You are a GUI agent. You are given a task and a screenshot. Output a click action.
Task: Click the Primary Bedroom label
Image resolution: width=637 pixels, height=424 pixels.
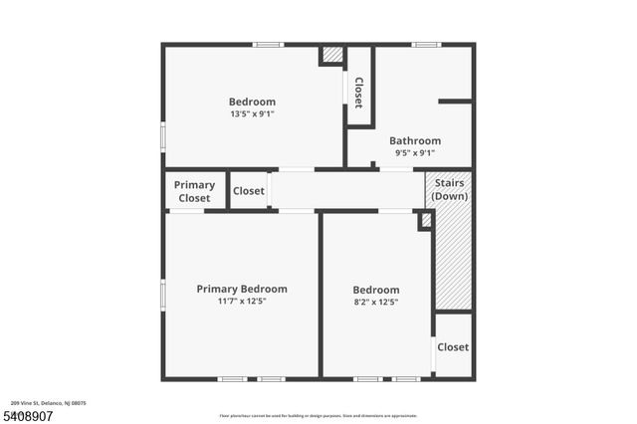coord(242,289)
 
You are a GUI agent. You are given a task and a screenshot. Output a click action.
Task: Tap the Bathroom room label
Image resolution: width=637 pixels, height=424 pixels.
coord(415,141)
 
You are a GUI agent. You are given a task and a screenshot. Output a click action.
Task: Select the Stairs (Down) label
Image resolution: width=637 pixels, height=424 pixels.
coord(450,190)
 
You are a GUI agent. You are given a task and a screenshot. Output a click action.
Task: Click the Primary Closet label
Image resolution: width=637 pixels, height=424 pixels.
coord(194,191)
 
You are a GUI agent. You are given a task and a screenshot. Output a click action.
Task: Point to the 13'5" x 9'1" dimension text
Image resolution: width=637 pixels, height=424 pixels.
coord(252,113)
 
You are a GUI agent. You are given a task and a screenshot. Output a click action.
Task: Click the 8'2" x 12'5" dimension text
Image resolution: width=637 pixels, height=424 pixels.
coord(376,302)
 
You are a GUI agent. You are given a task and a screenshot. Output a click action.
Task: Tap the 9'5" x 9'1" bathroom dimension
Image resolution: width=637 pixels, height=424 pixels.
coord(415,153)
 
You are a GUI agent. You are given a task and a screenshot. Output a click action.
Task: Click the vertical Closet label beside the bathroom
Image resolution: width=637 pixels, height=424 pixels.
coord(358,93)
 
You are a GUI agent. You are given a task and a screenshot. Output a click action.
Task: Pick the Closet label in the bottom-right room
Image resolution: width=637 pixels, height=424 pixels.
coord(453,347)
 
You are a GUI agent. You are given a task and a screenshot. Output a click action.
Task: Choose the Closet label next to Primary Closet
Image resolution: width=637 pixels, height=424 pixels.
coord(249,191)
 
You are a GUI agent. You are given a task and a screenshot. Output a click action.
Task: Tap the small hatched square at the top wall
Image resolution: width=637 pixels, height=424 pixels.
coord(332,55)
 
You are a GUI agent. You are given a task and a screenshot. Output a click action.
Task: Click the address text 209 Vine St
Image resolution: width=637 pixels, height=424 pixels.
coord(50,403)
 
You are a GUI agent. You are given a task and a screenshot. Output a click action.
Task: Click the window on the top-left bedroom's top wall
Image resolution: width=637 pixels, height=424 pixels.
coord(268,44)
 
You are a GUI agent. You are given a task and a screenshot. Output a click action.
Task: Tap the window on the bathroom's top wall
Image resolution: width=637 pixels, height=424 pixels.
coord(426,44)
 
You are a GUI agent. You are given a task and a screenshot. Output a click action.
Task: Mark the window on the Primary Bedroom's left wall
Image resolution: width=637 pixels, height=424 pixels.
coord(163,295)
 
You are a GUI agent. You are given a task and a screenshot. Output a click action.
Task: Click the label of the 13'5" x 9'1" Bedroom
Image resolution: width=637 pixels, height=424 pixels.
coord(252,102)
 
